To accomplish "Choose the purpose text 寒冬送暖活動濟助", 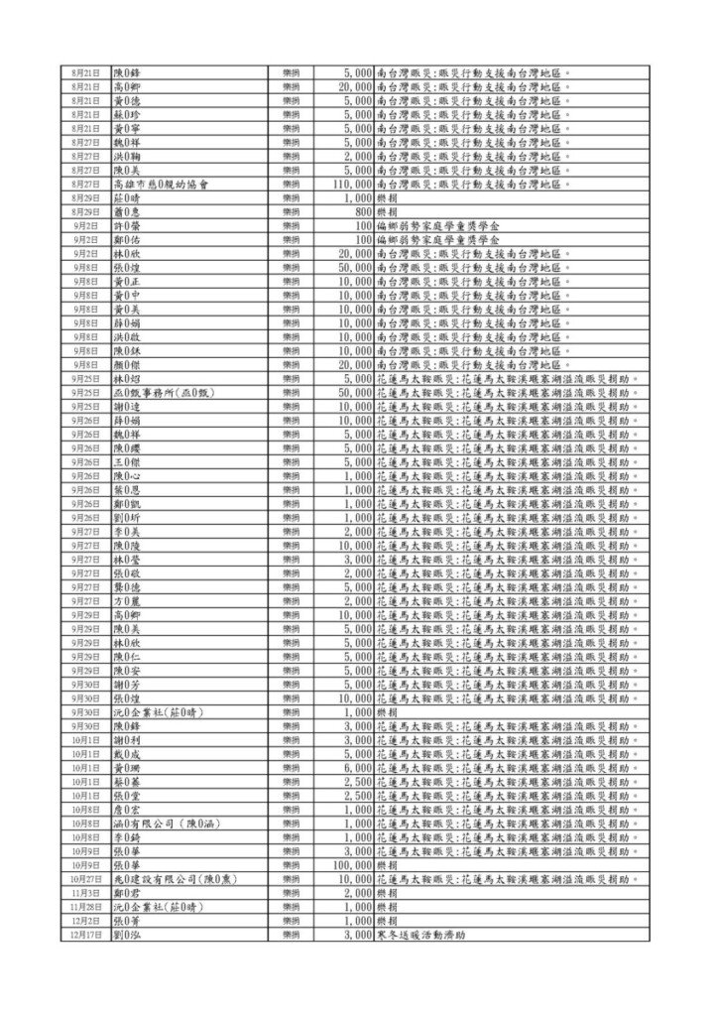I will (421, 936).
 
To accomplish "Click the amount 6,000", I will (357, 769).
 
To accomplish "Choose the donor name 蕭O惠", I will (129, 212).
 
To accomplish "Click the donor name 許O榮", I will (129, 226).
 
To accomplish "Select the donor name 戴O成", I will (129, 755).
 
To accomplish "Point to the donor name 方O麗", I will (129, 601).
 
